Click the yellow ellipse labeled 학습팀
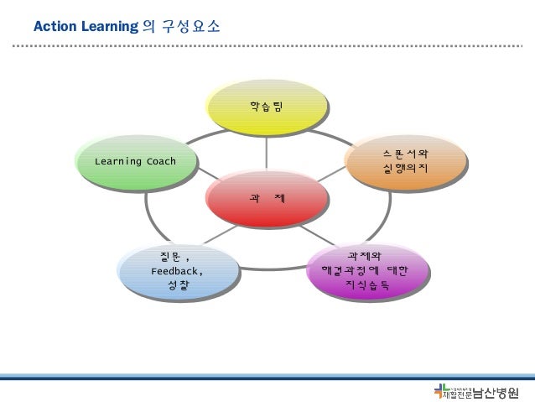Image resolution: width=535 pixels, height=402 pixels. (x=267, y=107)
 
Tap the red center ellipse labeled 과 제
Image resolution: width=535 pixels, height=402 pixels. (x=267, y=199)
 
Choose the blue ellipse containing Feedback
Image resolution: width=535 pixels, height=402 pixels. (x=176, y=272)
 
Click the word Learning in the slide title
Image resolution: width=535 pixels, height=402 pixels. (x=107, y=27)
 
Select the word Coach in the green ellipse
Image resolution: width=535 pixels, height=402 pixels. (x=158, y=161)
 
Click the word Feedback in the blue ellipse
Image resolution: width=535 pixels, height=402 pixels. (x=176, y=272)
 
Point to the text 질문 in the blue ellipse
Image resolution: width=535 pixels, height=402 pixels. (x=170, y=257)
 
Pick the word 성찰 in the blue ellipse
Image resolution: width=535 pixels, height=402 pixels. (x=177, y=287)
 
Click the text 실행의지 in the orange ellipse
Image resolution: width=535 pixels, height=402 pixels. (x=405, y=170)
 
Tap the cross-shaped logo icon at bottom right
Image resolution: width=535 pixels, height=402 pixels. (x=441, y=391)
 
